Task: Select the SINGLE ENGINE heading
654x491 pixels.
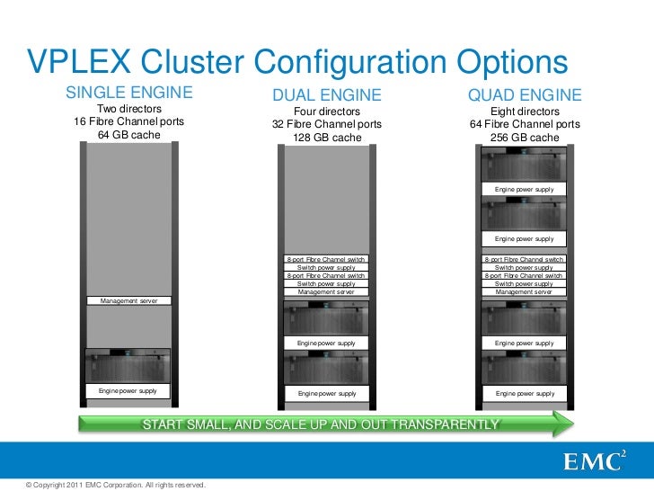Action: click(x=128, y=94)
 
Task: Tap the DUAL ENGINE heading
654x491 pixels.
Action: click(x=327, y=96)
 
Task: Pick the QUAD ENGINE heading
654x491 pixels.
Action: click(x=525, y=95)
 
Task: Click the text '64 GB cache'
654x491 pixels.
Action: click(x=128, y=135)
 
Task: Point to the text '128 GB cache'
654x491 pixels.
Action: click(x=327, y=138)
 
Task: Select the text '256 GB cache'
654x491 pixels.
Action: click(x=525, y=138)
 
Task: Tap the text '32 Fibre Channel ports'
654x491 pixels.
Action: click(x=327, y=124)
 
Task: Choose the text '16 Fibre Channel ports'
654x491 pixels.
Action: click(x=128, y=121)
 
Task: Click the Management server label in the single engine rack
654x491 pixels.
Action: click(x=128, y=300)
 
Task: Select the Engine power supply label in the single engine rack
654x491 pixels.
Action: click(x=128, y=391)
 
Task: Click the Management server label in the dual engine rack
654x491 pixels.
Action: click(x=326, y=292)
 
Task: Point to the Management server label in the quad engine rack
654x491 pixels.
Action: click(x=525, y=292)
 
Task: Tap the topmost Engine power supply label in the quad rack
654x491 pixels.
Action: click(x=525, y=190)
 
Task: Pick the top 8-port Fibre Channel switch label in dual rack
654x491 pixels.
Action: click(x=326, y=259)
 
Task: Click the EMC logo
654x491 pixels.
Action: click(x=594, y=461)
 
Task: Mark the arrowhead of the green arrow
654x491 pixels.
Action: click(x=564, y=424)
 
